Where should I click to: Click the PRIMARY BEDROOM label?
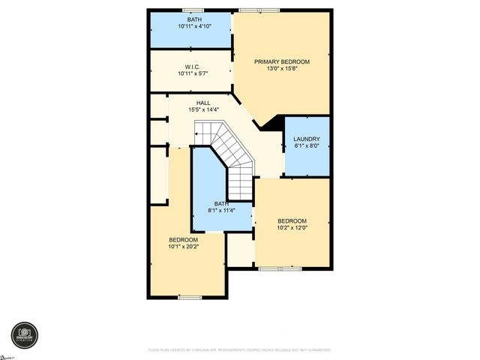point(281,61)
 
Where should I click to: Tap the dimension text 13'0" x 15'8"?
point(281,69)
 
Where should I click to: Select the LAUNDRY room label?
point(307,139)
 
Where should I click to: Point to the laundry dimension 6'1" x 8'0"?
point(307,146)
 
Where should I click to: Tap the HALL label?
point(203,103)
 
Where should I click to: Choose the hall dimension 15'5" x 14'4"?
point(203,110)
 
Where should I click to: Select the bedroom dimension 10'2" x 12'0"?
point(292,228)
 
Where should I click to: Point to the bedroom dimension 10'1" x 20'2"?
point(183,247)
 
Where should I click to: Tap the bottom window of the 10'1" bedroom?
point(190,298)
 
